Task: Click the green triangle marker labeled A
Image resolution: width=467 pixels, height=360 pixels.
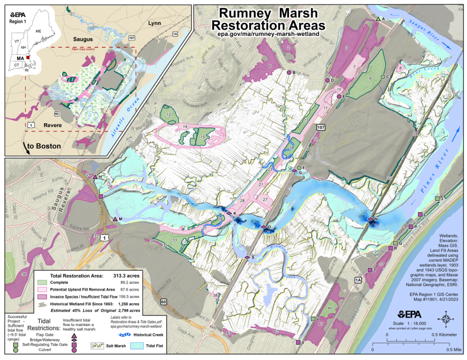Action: (x=378, y=19)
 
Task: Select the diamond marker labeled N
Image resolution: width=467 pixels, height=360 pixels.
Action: (x=370, y=220)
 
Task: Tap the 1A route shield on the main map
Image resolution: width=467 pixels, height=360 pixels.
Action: (x=358, y=280)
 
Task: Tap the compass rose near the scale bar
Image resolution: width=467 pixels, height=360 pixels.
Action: (x=446, y=319)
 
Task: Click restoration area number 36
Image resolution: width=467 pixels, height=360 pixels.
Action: (x=24, y=275)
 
